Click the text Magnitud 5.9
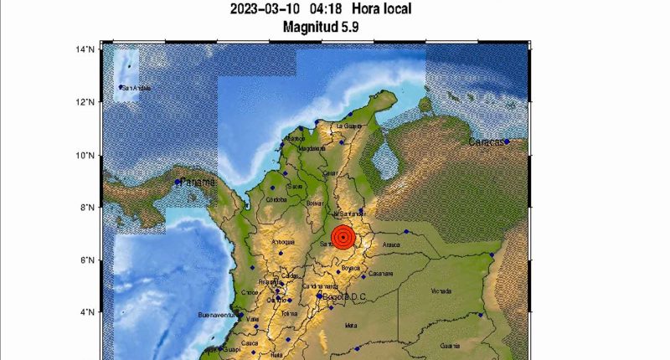(x=320, y=27)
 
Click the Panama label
(x=198, y=182)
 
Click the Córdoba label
(x=276, y=200)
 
